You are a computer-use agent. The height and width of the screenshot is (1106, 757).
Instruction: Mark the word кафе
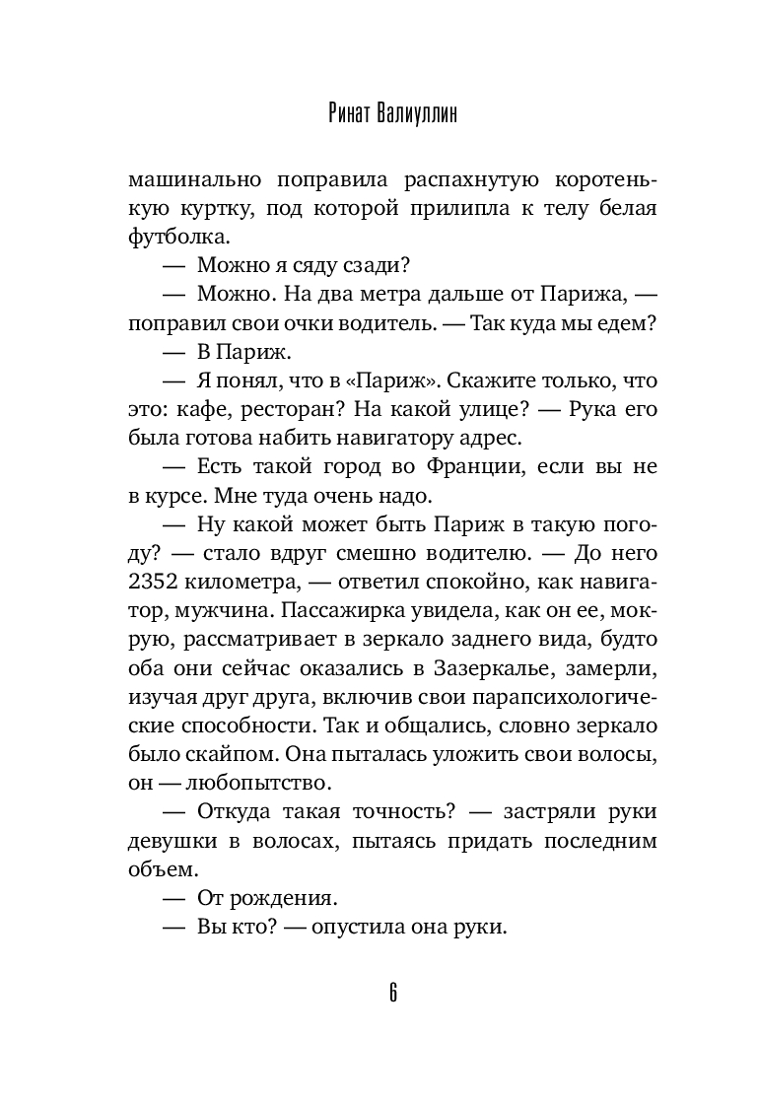[219, 404]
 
